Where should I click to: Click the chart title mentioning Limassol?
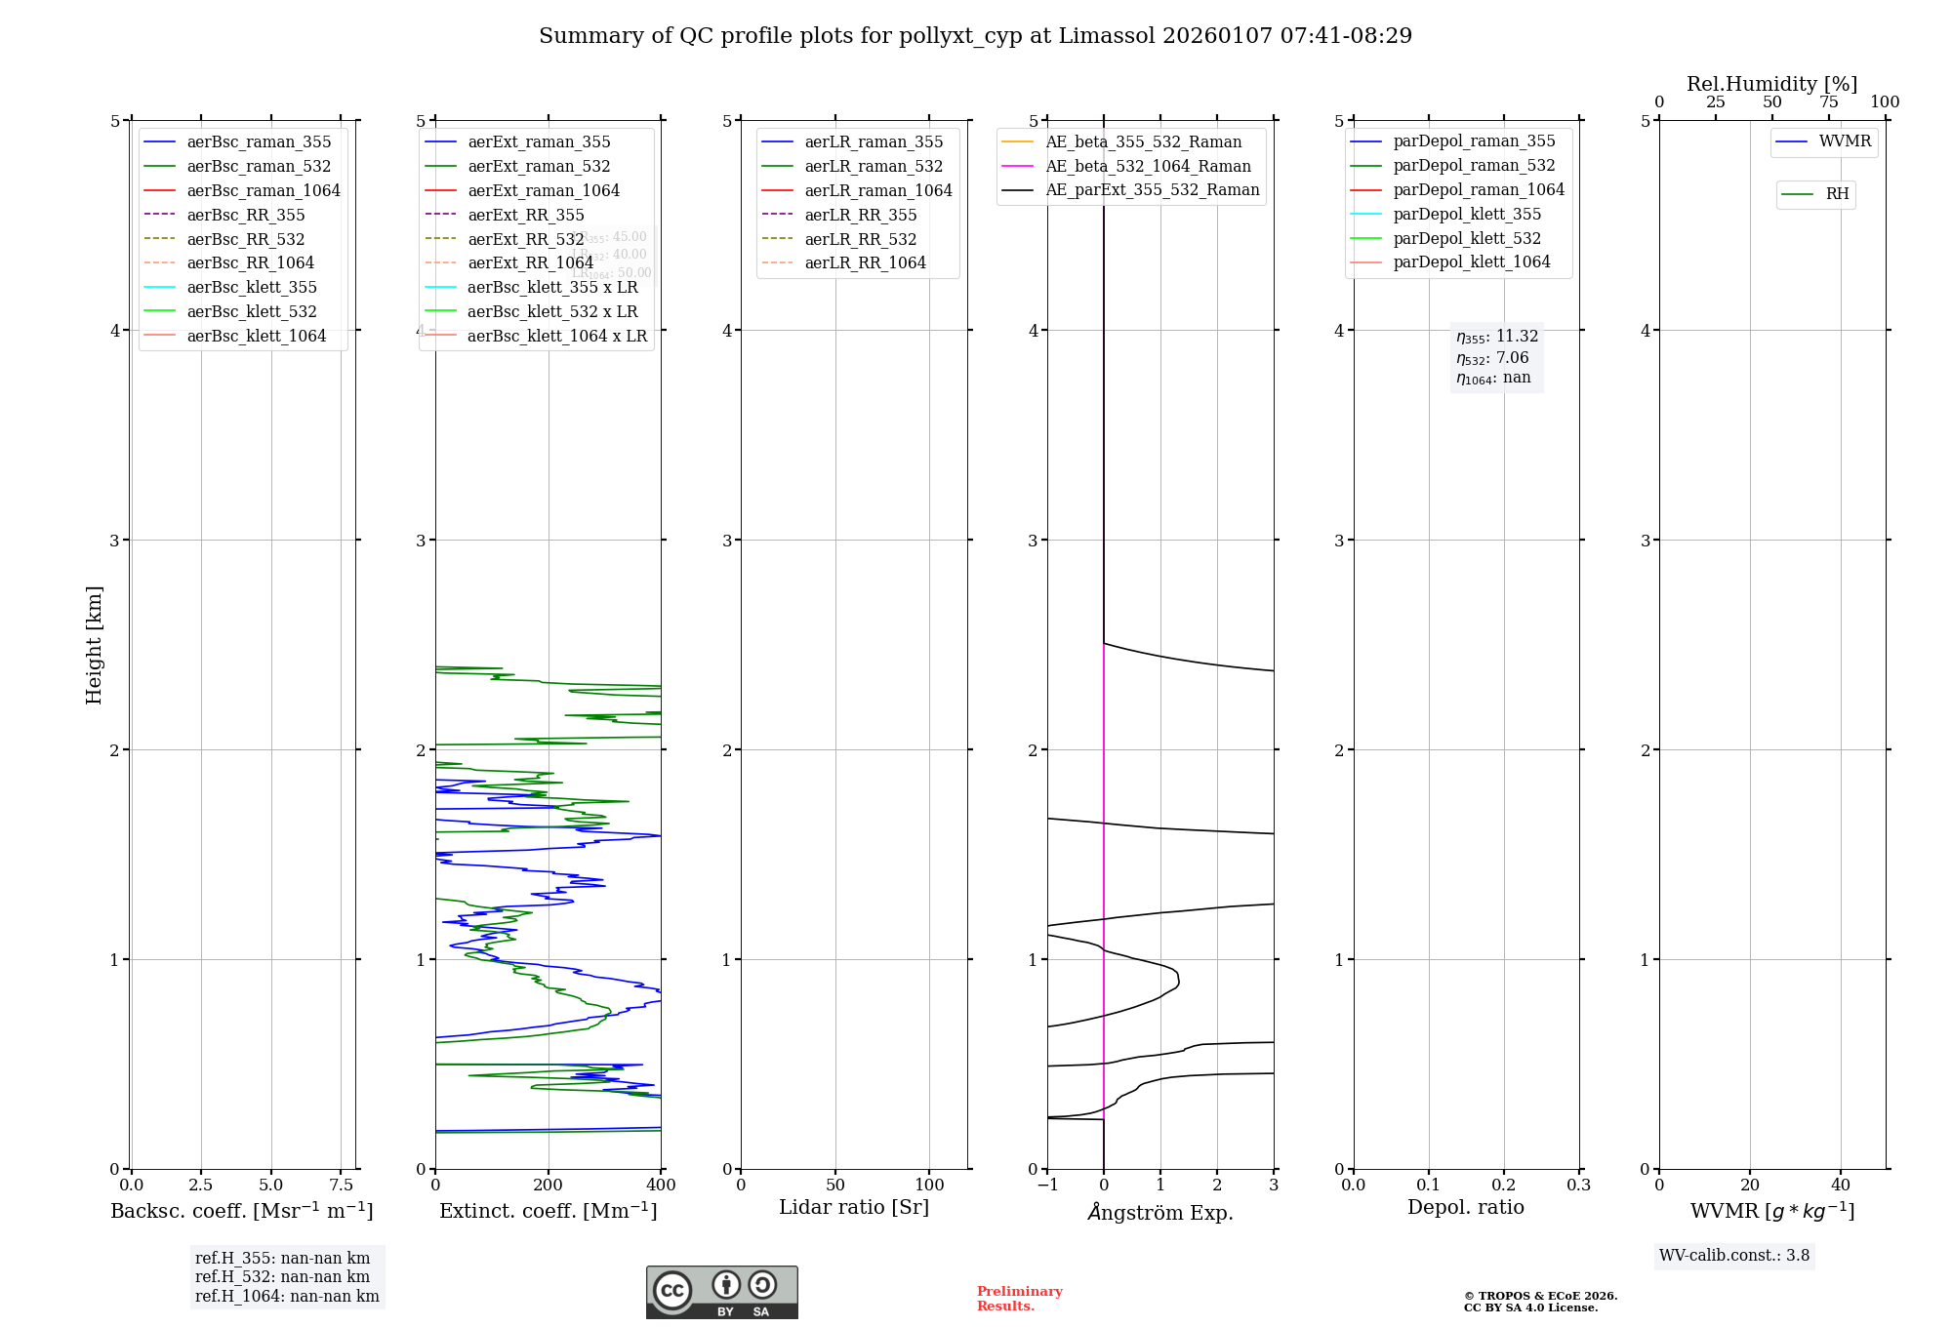point(975,36)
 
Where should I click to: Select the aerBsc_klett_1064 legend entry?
point(256,336)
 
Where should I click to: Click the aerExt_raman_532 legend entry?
point(539,166)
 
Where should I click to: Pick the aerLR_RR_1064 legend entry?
point(865,262)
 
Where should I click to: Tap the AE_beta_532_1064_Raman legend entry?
point(1148,166)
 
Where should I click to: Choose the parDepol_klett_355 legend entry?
point(1467,214)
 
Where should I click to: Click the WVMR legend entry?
point(1845,141)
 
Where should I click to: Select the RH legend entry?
point(1837,194)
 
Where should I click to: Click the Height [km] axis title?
point(94,645)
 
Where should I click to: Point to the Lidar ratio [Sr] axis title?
point(854,1207)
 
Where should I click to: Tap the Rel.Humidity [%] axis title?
point(1771,84)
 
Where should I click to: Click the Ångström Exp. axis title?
point(1160,1212)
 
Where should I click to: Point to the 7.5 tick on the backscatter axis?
point(341,1185)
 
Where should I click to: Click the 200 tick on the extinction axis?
point(549,1185)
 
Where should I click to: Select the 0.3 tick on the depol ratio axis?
point(1578,1185)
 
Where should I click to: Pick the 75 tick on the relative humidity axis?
point(1828,102)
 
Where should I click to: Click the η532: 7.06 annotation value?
point(1493,358)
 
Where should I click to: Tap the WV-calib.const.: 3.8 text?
point(1734,1256)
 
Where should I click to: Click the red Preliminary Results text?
point(1019,1299)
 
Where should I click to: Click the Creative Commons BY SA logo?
point(721,1292)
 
